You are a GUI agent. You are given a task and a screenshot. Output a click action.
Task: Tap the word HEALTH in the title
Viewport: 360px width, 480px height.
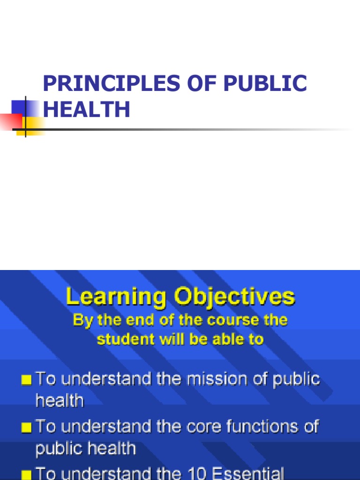86,109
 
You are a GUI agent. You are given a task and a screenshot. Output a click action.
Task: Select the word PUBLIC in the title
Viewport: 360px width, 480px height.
265,83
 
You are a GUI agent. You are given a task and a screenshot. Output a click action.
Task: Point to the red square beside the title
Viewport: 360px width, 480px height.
10,120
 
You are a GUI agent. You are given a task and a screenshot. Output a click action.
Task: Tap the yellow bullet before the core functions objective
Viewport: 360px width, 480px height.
27,427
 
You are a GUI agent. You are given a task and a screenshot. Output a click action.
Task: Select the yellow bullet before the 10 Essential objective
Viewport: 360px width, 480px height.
27,473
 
